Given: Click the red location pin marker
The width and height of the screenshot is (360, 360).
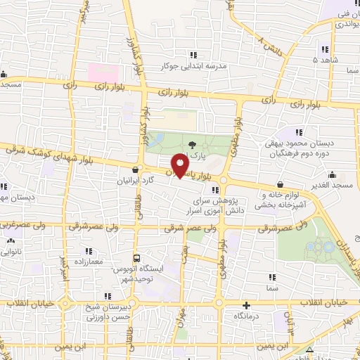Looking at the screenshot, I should click(181, 166).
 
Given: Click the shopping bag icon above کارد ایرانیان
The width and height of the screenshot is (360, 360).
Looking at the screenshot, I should click(136, 169).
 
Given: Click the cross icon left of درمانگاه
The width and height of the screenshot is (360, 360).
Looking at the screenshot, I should click(245, 305).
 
